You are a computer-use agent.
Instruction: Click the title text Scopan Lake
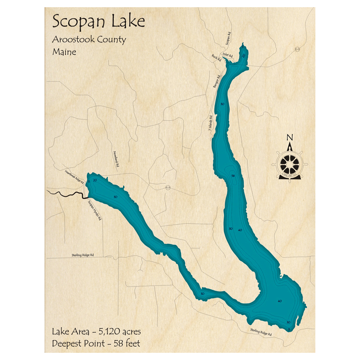99,22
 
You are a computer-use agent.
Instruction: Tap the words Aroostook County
89,39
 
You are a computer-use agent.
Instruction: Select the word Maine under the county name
64,51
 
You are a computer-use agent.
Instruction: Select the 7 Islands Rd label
211,125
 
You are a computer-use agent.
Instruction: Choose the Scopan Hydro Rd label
94,210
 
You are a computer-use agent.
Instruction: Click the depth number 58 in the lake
233,176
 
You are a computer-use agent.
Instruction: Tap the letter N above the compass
289,137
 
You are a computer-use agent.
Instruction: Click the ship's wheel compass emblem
289,164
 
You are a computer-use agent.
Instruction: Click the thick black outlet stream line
67,195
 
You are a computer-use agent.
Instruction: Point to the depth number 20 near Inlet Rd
244,55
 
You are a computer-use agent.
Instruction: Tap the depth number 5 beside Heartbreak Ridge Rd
89,181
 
